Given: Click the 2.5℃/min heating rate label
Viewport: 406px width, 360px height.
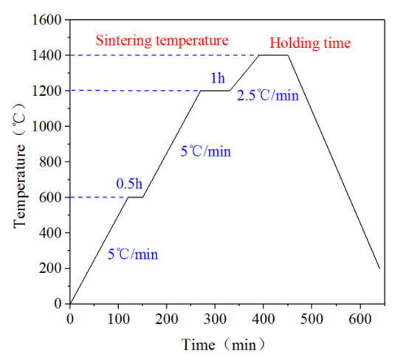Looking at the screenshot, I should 267,95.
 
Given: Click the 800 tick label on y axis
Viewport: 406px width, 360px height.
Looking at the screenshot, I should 52,162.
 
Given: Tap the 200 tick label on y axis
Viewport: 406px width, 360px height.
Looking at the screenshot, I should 52,268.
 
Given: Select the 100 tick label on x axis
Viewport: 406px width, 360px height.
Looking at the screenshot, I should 118,318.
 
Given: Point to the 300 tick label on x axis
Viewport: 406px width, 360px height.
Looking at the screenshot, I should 215,318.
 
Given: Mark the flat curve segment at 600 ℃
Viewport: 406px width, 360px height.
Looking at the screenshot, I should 135,197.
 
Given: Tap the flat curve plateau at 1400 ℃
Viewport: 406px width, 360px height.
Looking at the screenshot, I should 273,55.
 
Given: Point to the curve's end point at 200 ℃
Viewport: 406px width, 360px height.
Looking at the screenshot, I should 379,268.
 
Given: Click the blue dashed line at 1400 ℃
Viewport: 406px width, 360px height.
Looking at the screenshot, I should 162,55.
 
